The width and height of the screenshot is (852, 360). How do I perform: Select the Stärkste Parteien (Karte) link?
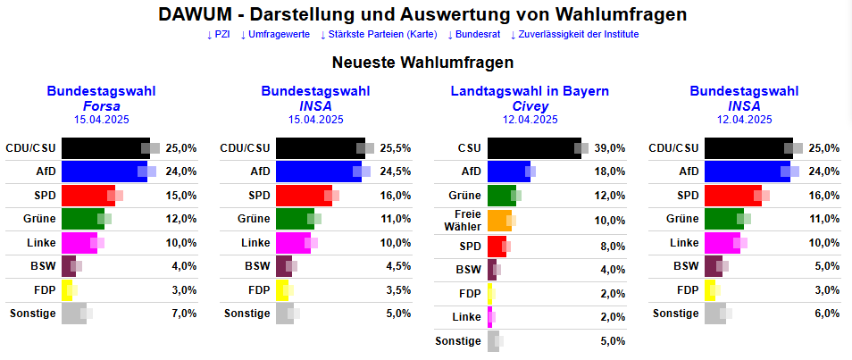[x=378, y=35]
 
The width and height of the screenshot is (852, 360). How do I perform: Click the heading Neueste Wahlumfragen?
[x=422, y=63]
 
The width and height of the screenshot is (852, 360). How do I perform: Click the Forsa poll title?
[x=101, y=105]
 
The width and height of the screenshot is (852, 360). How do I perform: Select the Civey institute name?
[x=530, y=105]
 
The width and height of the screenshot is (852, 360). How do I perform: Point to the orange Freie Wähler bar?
[x=499, y=220]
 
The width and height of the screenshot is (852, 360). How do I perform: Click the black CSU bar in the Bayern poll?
[x=534, y=148]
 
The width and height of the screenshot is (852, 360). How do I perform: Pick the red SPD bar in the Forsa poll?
[x=88, y=196]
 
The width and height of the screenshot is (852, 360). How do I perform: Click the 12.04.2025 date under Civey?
[x=530, y=119]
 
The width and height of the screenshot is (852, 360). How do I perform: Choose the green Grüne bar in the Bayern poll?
[x=501, y=196]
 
